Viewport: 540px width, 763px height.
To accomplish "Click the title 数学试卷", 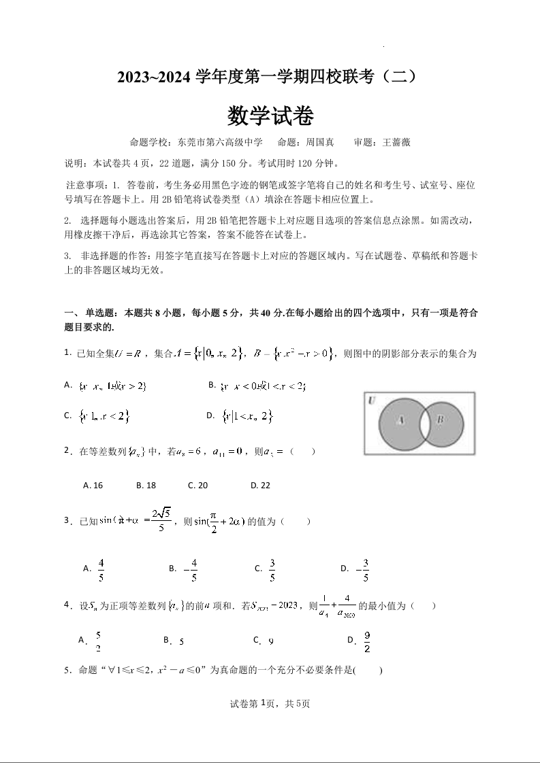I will click(x=270, y=116).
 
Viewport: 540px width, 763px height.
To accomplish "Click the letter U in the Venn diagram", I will click(x=372, y=401).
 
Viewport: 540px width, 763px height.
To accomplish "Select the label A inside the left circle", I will click(x=400, y=421).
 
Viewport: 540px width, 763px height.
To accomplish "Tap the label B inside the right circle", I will click(x=440, y=420).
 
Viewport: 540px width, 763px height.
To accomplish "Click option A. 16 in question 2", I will click(x=93, y=486).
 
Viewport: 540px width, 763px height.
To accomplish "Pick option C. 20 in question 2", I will click(x=197, y=486).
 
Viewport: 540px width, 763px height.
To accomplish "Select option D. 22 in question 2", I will click(x=260, y=486).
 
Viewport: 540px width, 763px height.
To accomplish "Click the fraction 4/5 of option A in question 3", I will click(x=101, y=570).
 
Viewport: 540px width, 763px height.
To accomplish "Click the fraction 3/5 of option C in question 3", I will click(x=272, y=570).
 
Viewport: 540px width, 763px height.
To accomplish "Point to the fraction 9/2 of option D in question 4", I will click(x=367, y=641).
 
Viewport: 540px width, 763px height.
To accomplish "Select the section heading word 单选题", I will click(x=101, y=313).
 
